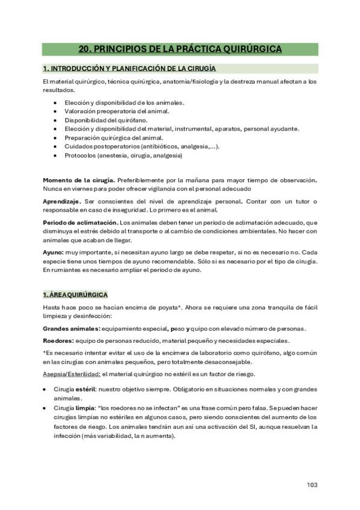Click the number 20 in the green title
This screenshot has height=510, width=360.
point(85,49)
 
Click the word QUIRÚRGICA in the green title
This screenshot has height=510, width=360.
point(248,49)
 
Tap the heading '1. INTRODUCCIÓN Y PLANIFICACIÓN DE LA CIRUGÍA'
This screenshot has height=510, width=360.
point(129,69)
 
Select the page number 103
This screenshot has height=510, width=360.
point(311,485)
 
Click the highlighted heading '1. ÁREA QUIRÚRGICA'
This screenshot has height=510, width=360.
point(75,295)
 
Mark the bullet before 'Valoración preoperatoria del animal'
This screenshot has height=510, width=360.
point(55,111)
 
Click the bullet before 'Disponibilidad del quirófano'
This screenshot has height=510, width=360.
point(55,120)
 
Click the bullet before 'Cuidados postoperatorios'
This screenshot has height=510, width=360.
point(55,146)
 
